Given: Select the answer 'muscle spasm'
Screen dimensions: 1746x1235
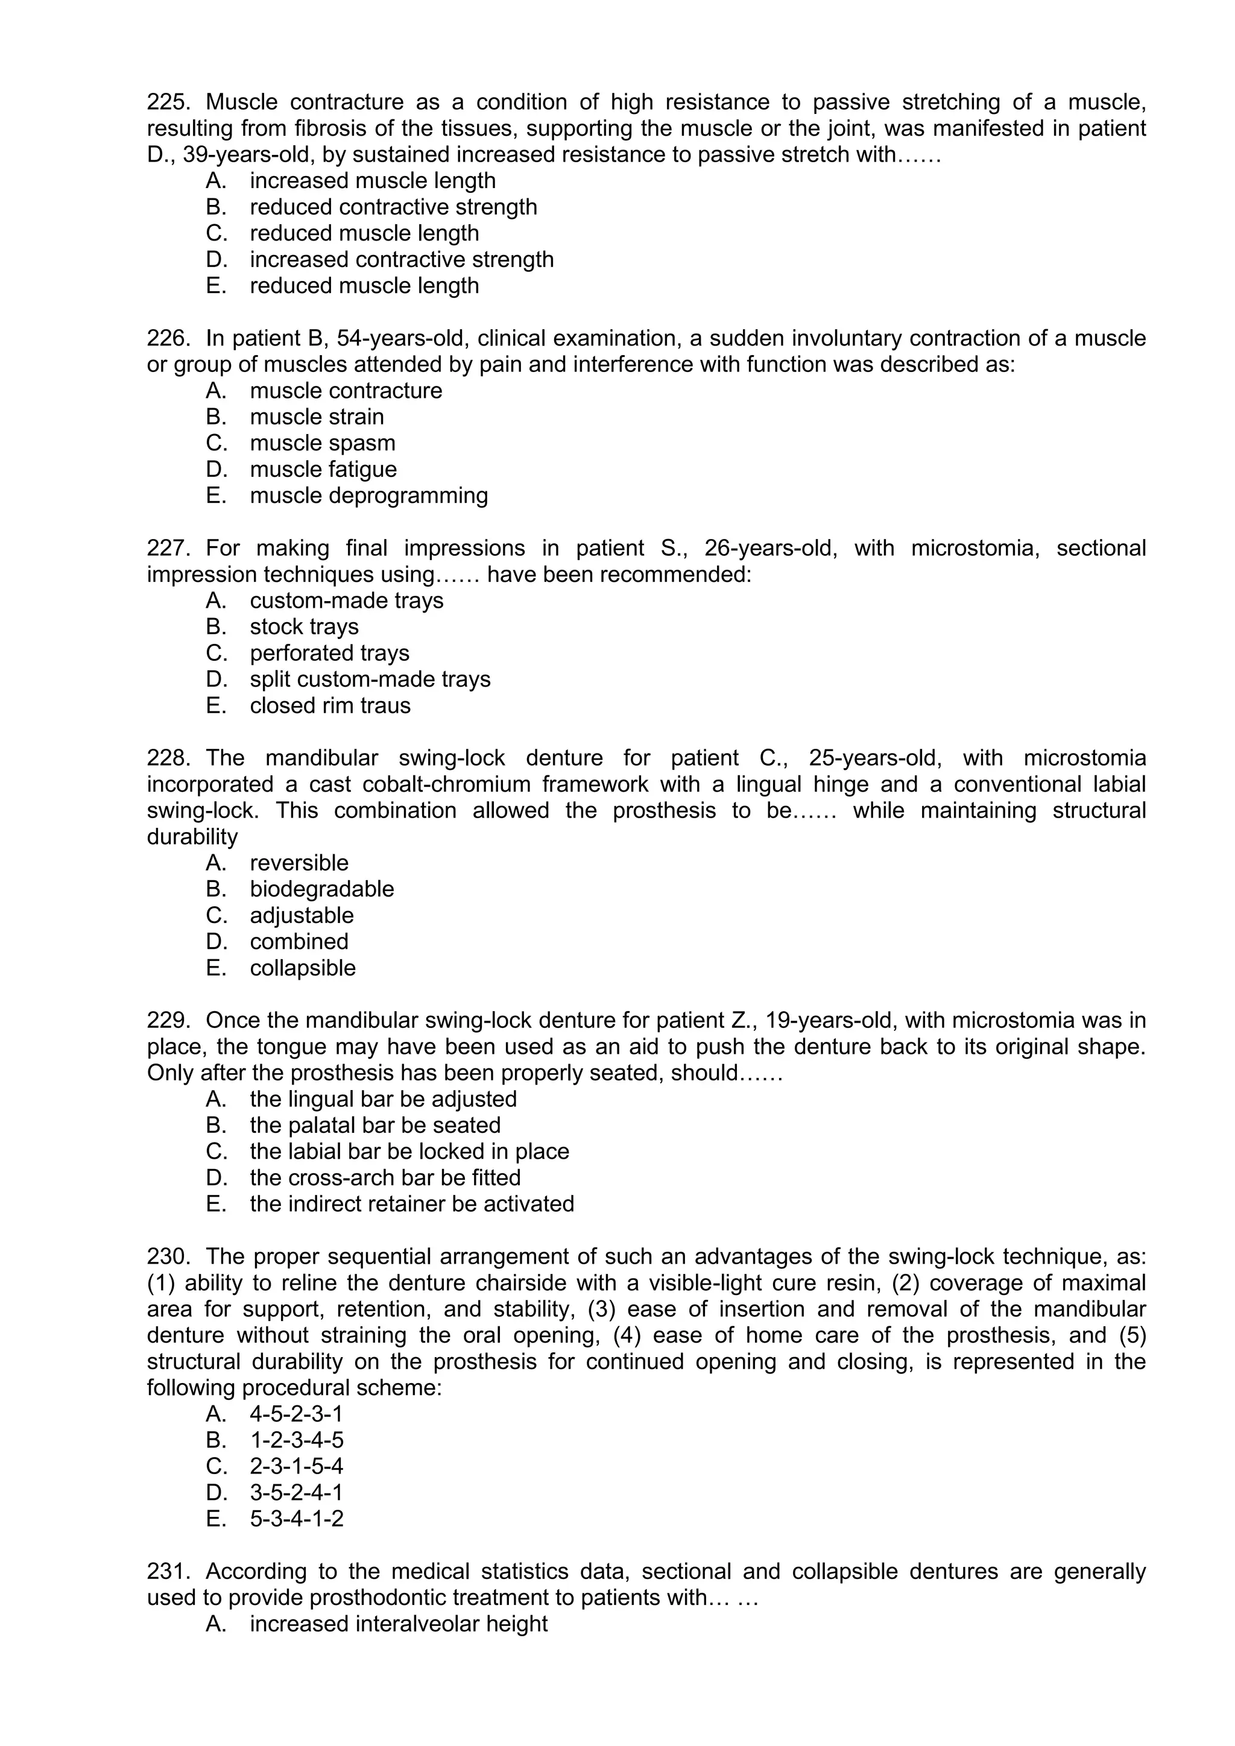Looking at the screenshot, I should (323, 443).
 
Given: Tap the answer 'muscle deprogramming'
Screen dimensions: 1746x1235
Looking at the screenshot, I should (369, 495).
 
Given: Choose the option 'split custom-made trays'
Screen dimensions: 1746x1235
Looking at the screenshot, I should (370, 679).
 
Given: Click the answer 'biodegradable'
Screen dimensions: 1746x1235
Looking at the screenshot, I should (321, 889).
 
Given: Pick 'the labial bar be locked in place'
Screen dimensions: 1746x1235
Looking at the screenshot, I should (409, 1152).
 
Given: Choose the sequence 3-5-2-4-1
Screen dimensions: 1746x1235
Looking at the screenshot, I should (297, 1492).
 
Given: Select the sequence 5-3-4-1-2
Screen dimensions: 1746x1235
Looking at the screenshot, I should (297, 1519).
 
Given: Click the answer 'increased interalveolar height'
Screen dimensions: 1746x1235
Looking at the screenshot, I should (399, 1624).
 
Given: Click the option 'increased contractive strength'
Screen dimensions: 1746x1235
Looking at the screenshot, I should (402, 259).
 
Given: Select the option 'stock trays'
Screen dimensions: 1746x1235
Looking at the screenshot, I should (304, 626).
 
